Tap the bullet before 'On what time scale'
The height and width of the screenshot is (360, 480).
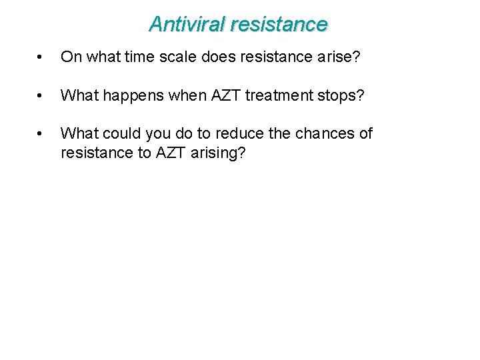click(42, 58)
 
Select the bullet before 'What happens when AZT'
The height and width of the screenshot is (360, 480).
click(42, 96)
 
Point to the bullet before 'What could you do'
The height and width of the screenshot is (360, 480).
click(42, 134)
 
